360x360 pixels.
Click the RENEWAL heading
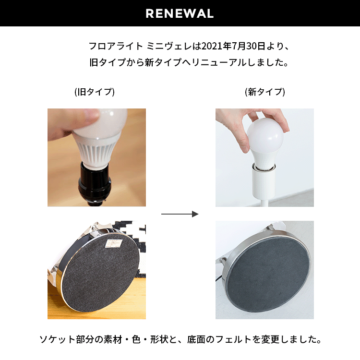180,13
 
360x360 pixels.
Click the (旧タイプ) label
95,92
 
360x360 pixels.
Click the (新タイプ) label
265,92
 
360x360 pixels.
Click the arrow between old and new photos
180,214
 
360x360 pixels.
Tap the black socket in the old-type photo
95,181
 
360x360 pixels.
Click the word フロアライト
116,46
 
